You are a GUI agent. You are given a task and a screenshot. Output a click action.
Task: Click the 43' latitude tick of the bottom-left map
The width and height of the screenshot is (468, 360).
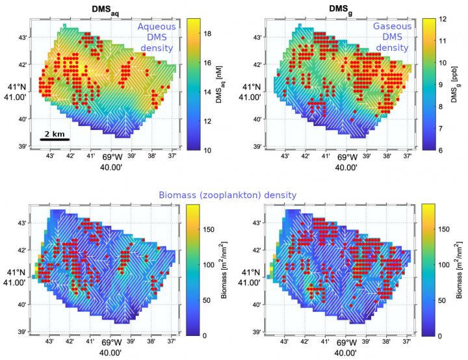pyautogui.click(x=23, y=224)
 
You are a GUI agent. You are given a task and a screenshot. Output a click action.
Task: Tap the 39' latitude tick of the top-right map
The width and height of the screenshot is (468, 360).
pyautogui.click(x=258, y=147)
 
